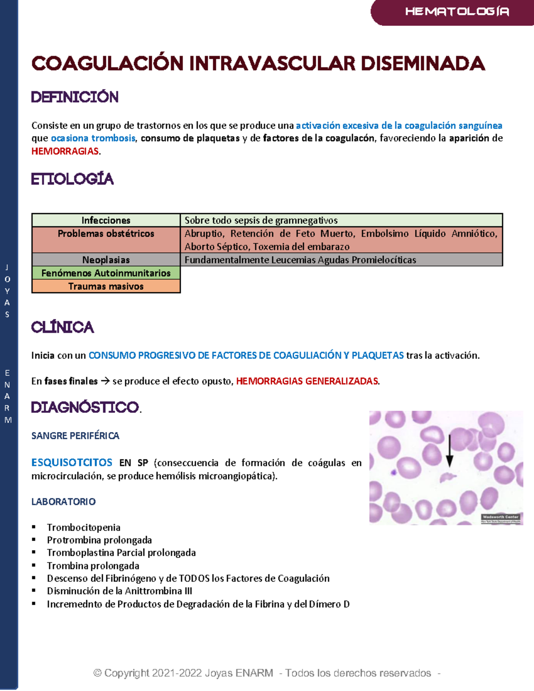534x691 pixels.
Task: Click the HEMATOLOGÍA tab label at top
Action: (457, 12)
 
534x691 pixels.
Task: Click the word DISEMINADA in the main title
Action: (422, 64)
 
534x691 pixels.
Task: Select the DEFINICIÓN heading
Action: (75, 97)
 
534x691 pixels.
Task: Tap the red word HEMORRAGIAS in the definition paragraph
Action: (65, 151)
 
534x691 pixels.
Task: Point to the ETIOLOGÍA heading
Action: (72, 179)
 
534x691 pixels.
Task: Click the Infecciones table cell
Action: (106, 220)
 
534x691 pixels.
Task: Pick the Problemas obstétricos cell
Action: (106, 234)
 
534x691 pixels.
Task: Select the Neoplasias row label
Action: (106, 260)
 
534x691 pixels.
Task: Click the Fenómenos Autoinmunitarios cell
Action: (106, 273)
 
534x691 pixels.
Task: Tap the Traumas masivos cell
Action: (106, 287)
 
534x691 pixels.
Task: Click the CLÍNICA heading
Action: (62, 327)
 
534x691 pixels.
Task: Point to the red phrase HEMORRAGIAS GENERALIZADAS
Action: (307, 381)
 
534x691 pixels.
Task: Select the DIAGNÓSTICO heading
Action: (85, 407)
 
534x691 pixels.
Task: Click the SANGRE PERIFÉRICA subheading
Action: (75, 436)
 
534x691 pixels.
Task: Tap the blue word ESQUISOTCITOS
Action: (72, 463)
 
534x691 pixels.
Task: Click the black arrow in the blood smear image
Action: (449, 450)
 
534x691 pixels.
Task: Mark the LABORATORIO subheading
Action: (63, 502)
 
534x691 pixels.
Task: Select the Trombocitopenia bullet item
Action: (84, 528)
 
